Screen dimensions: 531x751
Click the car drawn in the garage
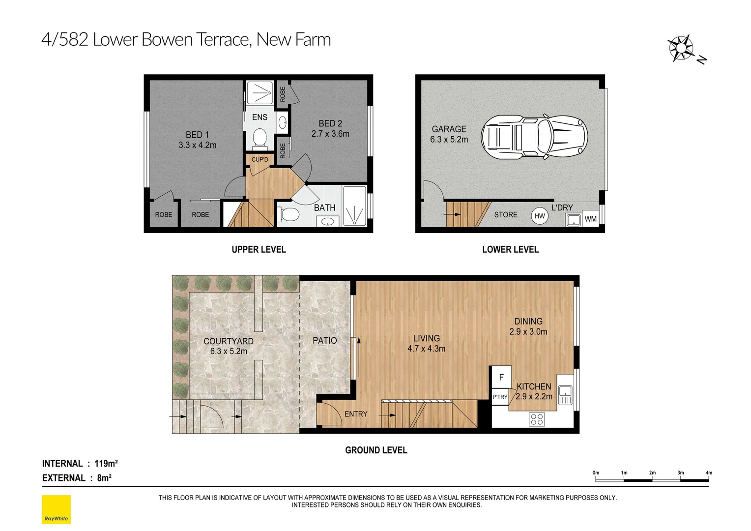point(534,138)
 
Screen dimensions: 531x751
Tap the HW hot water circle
point(540,216)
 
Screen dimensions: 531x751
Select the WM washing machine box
point(590,219)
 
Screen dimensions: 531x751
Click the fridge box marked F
point(501,378)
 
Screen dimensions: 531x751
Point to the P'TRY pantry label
point(500,397)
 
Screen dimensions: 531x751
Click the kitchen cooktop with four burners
point(537,419)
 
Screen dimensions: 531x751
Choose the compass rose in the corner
point(681,48)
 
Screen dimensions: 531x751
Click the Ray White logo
point(56,509)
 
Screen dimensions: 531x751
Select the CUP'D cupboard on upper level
point(260,160)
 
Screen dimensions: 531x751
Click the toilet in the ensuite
point(259,138)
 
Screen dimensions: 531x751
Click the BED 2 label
point(330,124)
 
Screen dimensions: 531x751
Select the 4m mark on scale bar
point(708,473)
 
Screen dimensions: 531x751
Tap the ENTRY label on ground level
point(356,414)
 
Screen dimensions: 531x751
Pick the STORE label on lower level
point(506,215)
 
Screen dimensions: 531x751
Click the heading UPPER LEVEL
point(259,250)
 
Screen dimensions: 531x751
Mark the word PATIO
point(325,340)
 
